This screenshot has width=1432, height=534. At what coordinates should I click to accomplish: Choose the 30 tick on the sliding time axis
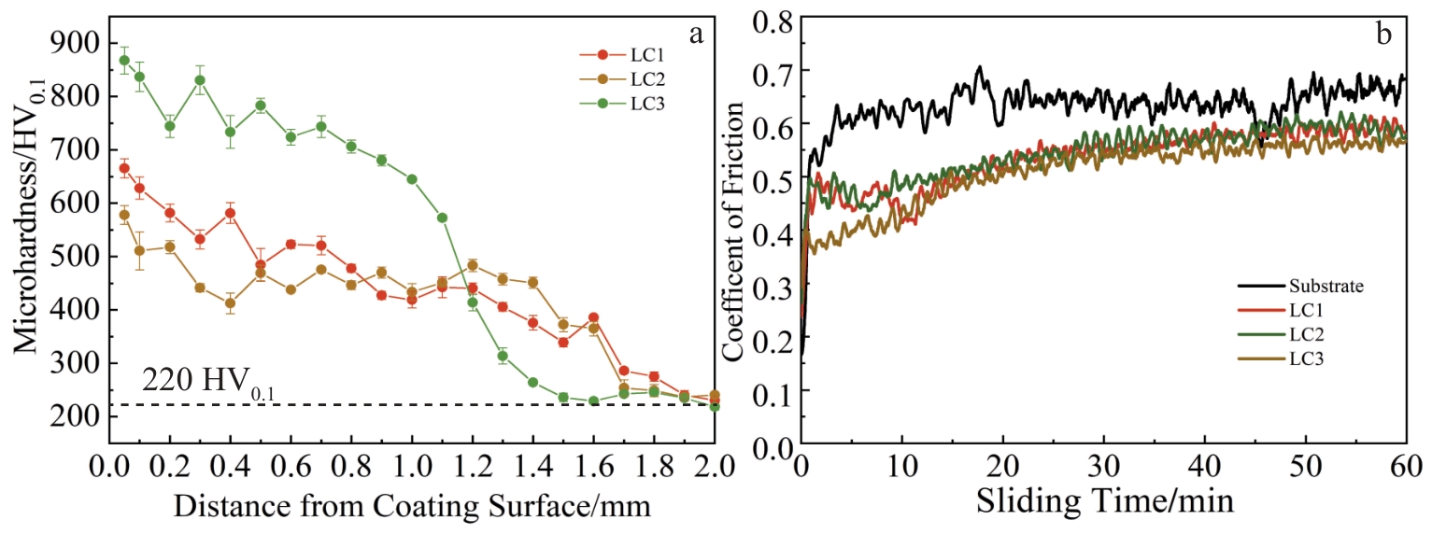pyautogui.click(x=1103, y=465)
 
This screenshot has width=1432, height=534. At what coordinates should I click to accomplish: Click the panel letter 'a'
pyautogui.click(x=695, y=35)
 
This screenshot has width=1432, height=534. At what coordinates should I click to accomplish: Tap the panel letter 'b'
pyautogui.click(x=1383, y=35)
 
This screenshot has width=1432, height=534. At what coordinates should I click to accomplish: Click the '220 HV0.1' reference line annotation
pyautogui.click(x=208, y=381)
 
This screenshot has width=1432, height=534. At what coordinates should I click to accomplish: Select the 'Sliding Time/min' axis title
pyautogui.click(x=1104, y=501)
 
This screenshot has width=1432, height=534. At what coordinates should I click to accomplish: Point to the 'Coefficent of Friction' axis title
pyautogui.click(x=734, y=231)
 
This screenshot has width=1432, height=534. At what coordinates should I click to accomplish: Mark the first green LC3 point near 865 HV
pyautogui.click(x=124, y=61)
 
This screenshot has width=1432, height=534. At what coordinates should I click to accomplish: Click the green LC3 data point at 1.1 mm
pyautogui.click(x=442, y=218)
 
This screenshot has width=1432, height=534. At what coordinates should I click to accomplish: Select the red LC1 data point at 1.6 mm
pyautogui.click(x=593, y=317)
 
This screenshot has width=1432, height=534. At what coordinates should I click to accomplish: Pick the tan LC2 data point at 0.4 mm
pyautogui.click(x=230, y=302)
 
